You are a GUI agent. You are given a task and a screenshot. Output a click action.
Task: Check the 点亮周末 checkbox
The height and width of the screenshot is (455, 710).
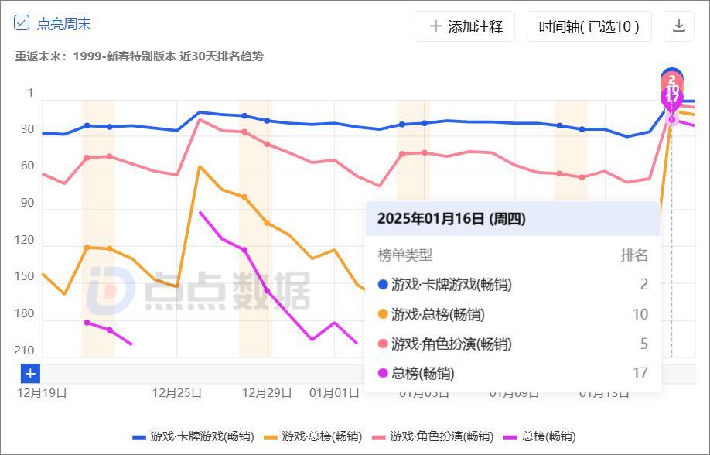[x=22, y=23]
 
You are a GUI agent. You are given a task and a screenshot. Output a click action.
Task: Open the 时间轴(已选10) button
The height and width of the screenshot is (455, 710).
[x=589, y=26]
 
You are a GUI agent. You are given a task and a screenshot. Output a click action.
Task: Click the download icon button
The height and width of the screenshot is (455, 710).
[x=679, y=26]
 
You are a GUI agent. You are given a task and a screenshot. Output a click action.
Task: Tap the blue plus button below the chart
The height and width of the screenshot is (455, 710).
[x=30, y=374]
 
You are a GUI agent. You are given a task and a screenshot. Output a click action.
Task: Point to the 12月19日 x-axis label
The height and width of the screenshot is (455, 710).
[x=42, y=392]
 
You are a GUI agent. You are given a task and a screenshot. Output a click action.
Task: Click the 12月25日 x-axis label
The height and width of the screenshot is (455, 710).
[x=177, y=392]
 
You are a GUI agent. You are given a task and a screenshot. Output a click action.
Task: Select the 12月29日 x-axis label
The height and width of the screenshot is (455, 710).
[x=267, y=392]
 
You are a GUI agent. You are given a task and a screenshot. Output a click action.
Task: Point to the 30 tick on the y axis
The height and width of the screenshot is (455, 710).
[x=28, y=129]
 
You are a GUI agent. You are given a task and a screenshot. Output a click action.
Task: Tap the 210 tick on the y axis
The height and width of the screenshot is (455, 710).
[x=25, y=351]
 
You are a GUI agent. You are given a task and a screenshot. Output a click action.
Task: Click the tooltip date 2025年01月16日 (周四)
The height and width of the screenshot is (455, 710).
[x=451, y=219]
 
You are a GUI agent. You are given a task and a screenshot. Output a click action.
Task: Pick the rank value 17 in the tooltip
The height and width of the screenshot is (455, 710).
[x=640, y=373]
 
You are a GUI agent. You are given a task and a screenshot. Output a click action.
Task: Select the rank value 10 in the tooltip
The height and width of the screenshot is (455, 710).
[x=640, y=314]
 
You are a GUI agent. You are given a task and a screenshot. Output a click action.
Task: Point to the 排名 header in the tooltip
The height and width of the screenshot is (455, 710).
[x=634, y=255]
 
